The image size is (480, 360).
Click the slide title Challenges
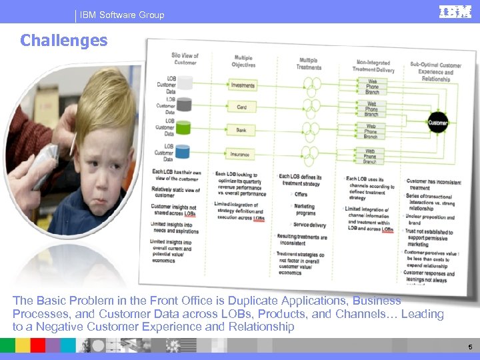[63, 41]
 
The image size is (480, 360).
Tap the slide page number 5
[470, 347]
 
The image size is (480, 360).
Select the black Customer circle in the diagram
[437, 123]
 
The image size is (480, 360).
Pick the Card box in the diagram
[242, 107]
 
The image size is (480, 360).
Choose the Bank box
[241, 130]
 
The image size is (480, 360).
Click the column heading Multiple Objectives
[243, 61]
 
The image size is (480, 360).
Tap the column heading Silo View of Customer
[184, 59]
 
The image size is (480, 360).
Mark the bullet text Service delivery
[309, 225]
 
